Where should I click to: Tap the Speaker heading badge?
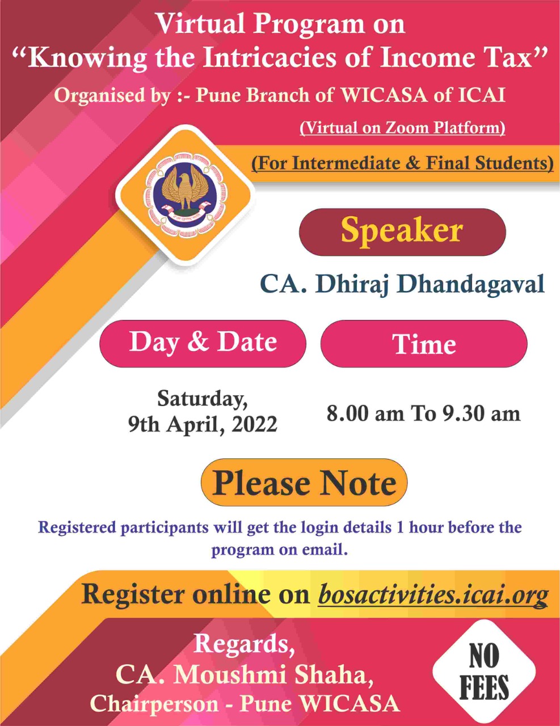tap(402, 232)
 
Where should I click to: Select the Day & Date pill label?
tap(203, 344)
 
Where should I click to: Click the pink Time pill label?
tap(424, 344)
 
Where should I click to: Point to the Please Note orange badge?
tap(304, 482)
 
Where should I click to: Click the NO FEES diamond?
tap(484, 672)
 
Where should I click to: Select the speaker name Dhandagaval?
tap(471, 284)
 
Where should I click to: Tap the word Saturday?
tap(203, 399)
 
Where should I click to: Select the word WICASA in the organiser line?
tap(384, 95)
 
